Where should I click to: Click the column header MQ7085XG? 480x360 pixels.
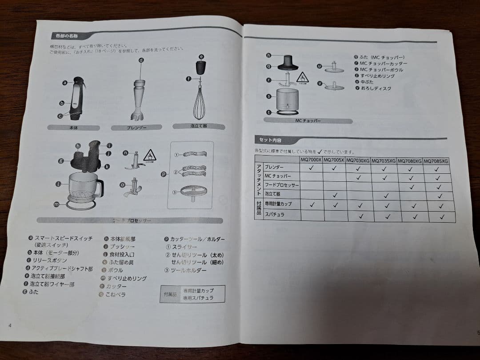pyautogui.click(x=436, y=161)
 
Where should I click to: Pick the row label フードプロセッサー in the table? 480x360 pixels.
pyautogui.click(x=281, y=184)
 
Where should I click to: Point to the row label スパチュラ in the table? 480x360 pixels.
pyautogui.click(x=274, y=215)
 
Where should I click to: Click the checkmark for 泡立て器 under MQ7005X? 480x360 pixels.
pyautogui.click(x=336, y=195)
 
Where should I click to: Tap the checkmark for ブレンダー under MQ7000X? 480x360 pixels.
pyautogui.click(x=312, y=168)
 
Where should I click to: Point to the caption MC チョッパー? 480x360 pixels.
pyautogui.click(x=308, y=121)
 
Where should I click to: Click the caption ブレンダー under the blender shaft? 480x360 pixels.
pyautogui.click(x=136, y=128)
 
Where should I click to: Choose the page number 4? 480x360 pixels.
pyautogui.click(x=10, y=325)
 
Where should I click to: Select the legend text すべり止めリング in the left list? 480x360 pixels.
pyautogui.click(x=127, y=278)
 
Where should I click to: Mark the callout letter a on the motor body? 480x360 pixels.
pyautogui.click(x=65, y=82)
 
